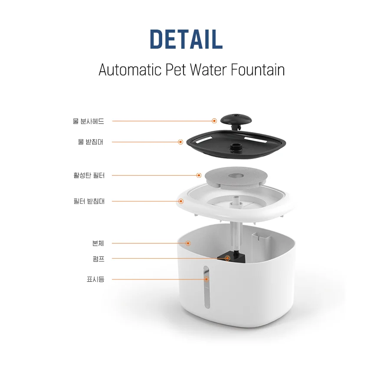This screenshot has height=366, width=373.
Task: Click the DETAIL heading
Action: pyautogui.click(x=186, y=39)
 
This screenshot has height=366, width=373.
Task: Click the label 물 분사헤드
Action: pyautogui.click(x=88, y=121)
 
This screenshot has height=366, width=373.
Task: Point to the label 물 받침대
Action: pyautogui.click(x=91, y=142)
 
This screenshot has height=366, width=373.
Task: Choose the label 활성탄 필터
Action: pyautogui.click(x=89, y=175)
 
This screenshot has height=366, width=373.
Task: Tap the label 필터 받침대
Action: pyautogui.click(x=89, y=201)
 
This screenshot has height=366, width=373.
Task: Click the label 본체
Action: pyautogui.click(x=98, y=243)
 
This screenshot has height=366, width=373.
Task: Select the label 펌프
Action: pyautogui.click(x=98, y=259)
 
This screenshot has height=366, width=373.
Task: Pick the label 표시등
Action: pyautogui.click(x=95, y=279)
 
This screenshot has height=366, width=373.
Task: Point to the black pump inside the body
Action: pyautogui.click(x=232, y=258)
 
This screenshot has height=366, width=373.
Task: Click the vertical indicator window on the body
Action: pyautogui.click(x=206, y=287)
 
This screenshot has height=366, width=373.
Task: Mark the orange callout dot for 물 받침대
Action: pyautogui.click(x=180, y=142)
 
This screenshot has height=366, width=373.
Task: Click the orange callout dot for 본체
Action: pyautogui.click(x=188, y=243)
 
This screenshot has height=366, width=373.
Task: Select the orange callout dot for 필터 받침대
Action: pyautogui.click(x=181, y=201)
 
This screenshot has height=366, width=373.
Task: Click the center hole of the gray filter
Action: pyautogui.click(x=236, y=176)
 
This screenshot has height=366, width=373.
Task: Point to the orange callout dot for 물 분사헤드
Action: pyautogui.click(x=214, y=121)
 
